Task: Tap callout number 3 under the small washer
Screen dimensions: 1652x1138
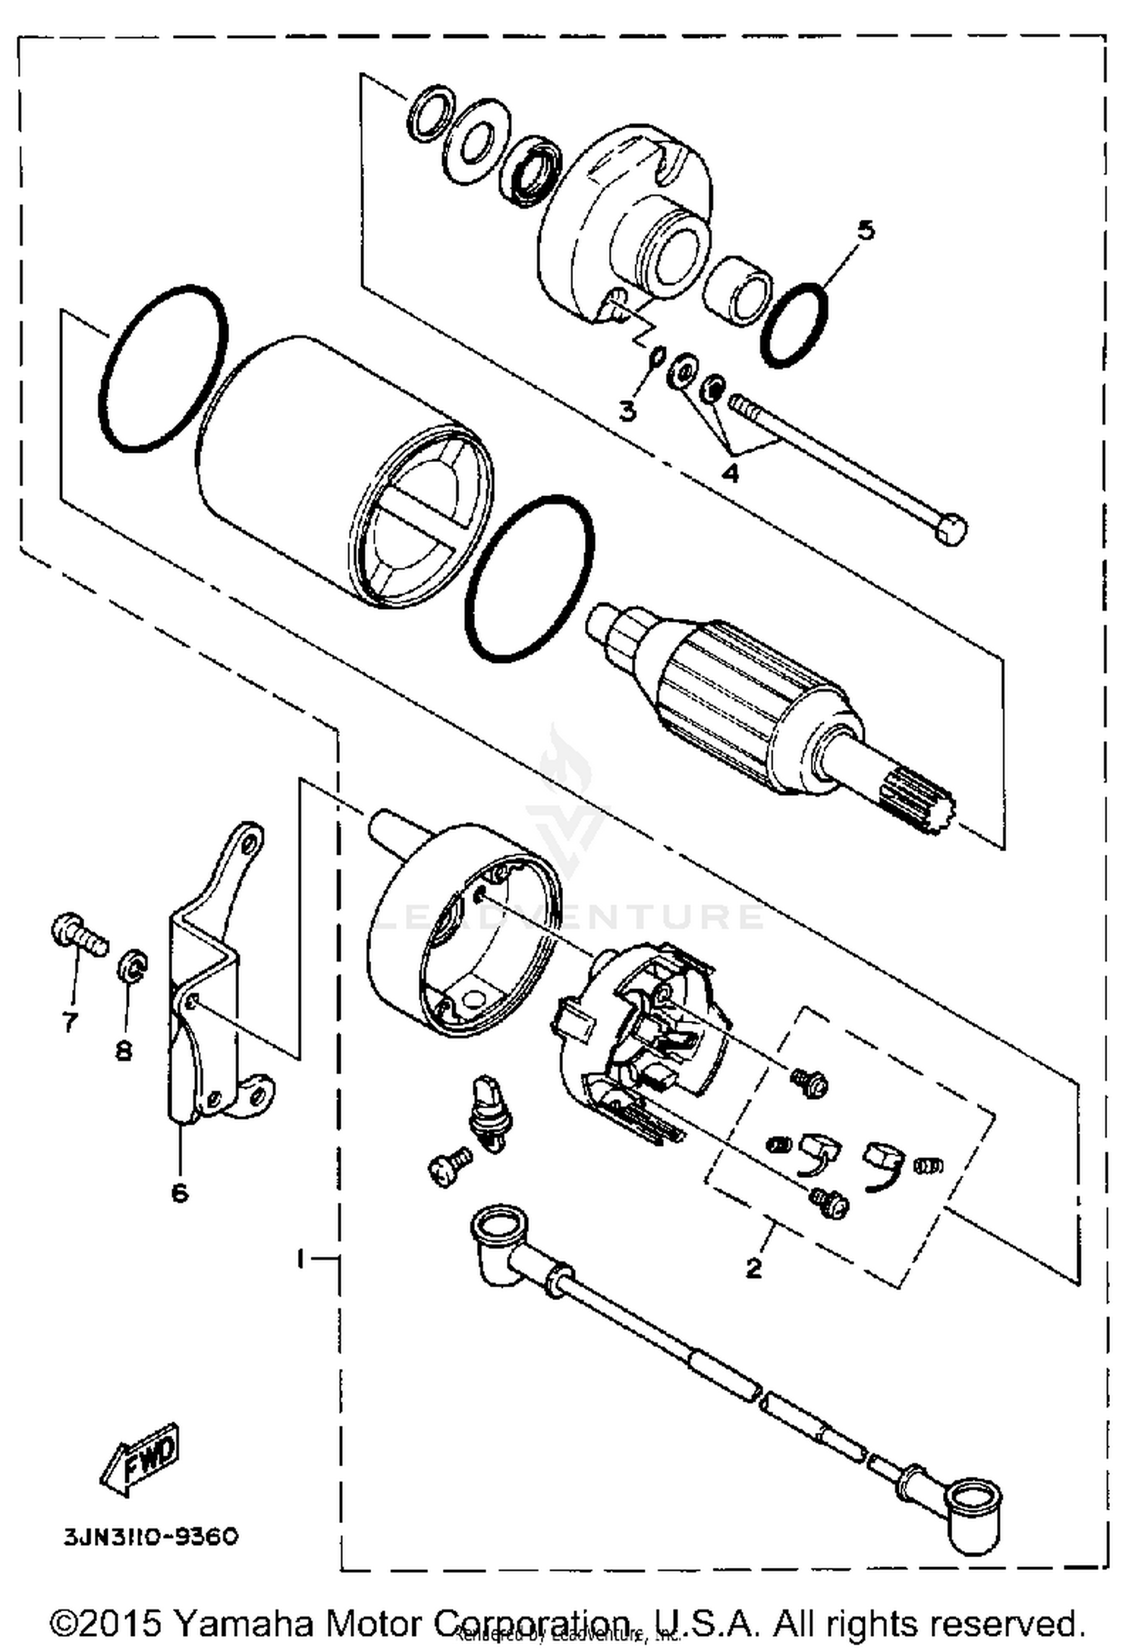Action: pos(627,411)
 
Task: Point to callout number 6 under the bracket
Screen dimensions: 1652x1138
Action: pos(180,1193)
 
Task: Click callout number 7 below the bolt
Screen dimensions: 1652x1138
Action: pos(70,1022)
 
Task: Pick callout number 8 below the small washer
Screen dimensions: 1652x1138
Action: pos(124,1051)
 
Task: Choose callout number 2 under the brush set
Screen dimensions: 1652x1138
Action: pos(753,1267)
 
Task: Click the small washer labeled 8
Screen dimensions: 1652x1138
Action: pos(132,966)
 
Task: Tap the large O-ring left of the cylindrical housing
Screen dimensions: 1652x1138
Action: pos(162,369)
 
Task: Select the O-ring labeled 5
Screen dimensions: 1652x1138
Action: pos(794,325)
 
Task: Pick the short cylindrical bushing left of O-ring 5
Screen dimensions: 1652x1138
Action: pos(737,290)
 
